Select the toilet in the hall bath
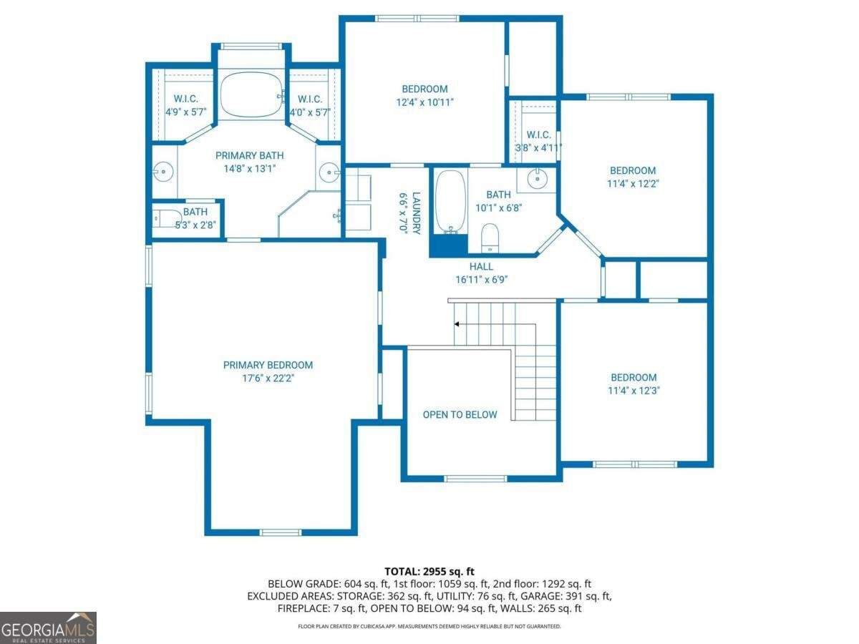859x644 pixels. [x=490, y=238]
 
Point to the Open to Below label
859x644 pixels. [x=460, y=414]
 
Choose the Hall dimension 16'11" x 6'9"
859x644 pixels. [x=481, y=280]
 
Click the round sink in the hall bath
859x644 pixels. [x=537, y=179]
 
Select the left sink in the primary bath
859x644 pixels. [x=162, y=171]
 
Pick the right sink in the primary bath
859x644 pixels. [x=329, y=172]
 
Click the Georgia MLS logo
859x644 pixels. [x=48, y=628]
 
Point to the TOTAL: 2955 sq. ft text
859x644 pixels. [x=429, y=572]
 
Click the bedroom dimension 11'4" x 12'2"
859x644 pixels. [x=633, y=183]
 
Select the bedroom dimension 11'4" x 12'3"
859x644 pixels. [x=634, y=390]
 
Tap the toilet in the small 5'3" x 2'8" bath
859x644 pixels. [x=167, y=218]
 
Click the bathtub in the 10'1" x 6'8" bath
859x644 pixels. [x=451, y=203]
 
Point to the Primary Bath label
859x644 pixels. [x=250, y=155]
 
